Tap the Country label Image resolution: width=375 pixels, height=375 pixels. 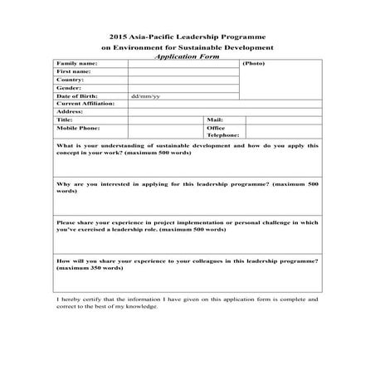tap(69, 80)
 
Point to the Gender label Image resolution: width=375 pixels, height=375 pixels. tap(68, 88)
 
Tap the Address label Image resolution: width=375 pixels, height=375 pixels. tap(70, 112)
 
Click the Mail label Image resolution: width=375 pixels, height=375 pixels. tap(214, 120)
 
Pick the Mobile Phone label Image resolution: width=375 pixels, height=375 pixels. tap(77, 129)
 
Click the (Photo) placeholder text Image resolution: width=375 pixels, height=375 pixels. tap(254, 64)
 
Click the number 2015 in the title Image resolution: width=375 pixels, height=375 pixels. tap(118, 37)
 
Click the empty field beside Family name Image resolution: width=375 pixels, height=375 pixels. tap(183, 64)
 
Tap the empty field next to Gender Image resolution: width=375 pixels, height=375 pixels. tap(183, 88)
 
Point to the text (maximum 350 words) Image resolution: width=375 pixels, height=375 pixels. tap(91, 269)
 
